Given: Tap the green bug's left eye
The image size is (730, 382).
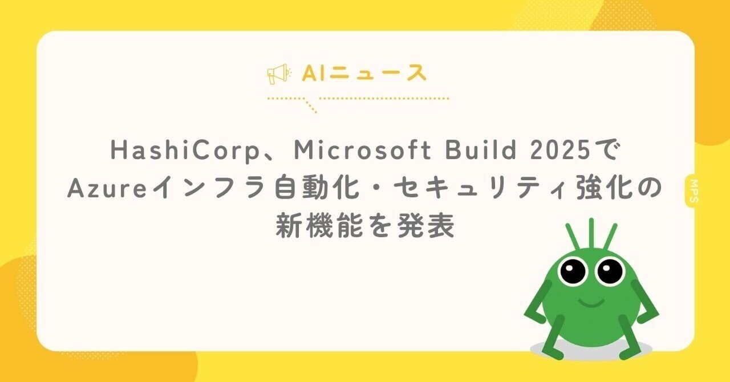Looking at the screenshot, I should click(573, 270).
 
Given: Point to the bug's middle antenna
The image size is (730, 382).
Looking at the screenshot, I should click(591, 234).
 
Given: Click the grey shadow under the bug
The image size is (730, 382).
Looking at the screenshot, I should click(591, 348).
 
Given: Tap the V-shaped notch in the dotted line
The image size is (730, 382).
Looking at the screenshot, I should click(311, 106).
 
